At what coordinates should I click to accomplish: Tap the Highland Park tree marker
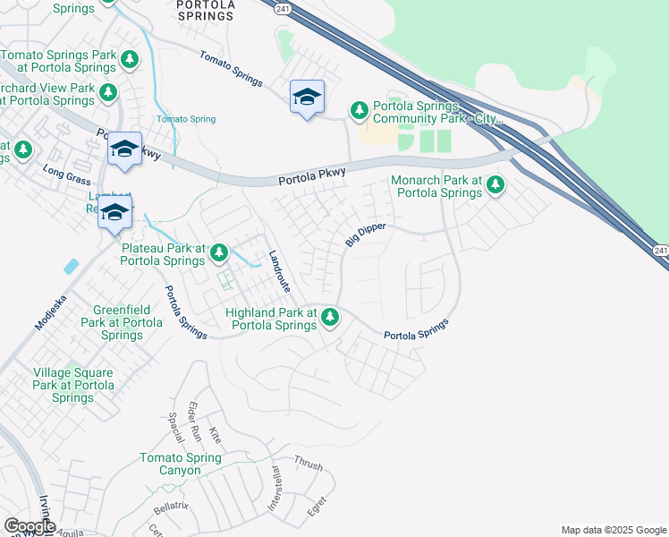(x=330, y=317)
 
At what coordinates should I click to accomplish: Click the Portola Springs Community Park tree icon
(x=360, y=111)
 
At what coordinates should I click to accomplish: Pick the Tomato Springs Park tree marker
(x=130, y=60)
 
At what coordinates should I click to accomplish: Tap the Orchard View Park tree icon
(x=108, y=92)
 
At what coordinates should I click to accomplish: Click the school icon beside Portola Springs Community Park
(x=307, y=98)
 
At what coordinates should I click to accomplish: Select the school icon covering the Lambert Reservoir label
(x=114, y=213)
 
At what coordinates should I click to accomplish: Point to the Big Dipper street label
(x=365, y=235)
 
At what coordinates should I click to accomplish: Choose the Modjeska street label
(x=51, y=314)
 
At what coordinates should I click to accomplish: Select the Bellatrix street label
(x=170, y=508)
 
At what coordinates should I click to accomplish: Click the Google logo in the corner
(x=30, y=526)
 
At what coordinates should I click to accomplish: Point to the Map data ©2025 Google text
(x=613, y=530)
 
